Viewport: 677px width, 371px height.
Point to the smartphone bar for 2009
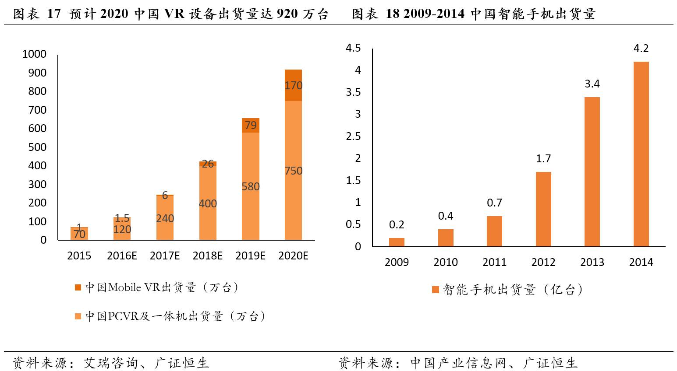coord(397,242)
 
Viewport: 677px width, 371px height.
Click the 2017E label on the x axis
coord(165,256)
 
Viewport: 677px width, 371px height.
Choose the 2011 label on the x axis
coord(494,262)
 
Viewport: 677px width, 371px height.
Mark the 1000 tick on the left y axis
coord(34,54)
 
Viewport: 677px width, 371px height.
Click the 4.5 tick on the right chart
coord(353,48)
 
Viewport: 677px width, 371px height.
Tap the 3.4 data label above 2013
coord(592,84)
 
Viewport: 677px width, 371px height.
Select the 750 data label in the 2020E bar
coord(293,171)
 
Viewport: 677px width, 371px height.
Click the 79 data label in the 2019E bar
coord(251,126)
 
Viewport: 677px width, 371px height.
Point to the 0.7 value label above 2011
coord(494,203)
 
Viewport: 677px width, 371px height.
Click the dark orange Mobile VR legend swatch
coord(78,287)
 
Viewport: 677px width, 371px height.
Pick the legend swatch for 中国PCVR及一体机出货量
coord(78,316)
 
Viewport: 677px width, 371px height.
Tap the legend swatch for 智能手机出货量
coord(436,290)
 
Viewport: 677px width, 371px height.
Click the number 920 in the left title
coord(287,14)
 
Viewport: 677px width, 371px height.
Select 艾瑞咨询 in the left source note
coord(111,363)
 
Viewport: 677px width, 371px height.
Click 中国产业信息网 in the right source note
coord(458,363)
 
